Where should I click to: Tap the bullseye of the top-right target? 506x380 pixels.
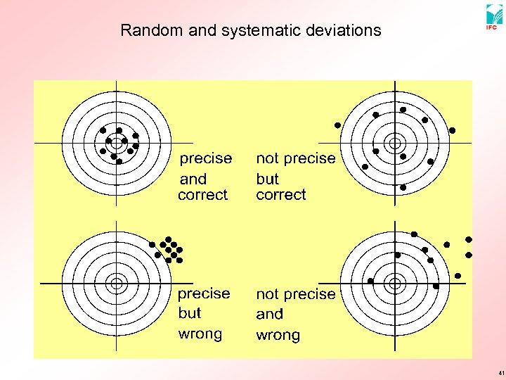pyautogui.click(x=395, y=143)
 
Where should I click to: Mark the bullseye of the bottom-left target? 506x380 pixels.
pyautogui.click(x=117, y=283)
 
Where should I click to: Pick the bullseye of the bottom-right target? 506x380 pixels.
pyautogui.click(x=395, y=283)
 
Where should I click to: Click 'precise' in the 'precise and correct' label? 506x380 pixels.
pyautogui.click(x=206, y=158)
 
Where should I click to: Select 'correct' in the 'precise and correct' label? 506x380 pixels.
pyautogui.click(x=203, y=195)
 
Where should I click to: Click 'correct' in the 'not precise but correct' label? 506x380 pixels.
pyautogui.click(x=281, y=195)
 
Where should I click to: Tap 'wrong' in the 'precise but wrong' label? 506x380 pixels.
pyautogui.click(x=200, y=334)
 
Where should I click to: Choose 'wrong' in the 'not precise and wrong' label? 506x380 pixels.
pyautogui.click(x=278, y=335)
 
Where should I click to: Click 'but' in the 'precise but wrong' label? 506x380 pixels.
pyautogui.click(x=189, y=313)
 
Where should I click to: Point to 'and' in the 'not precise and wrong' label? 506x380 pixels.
pyautogui.click(x=270, y=314)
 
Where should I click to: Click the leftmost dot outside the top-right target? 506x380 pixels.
pyautogui.click(x=337, y=125)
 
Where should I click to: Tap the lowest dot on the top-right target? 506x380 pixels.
pyautogui.click(x=403, y=187)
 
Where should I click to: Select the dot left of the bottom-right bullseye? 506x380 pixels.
pyautogui.click(x=371, y=281)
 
